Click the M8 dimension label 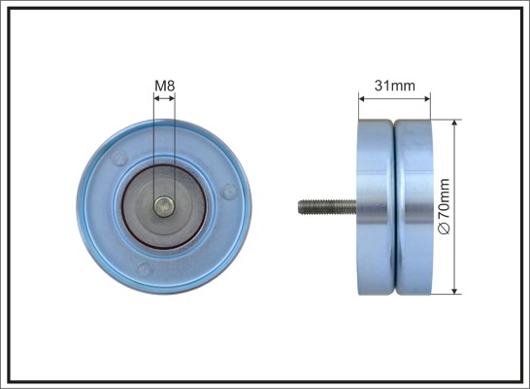[x=165, y=86]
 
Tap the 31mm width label [x=395, y=86]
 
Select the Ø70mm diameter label [x=445, y=206]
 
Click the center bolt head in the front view [x=164, y=206]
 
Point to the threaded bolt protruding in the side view [x=327, y=207]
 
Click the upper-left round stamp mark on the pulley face [x=119, y=158]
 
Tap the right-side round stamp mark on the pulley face [x=229, y=192]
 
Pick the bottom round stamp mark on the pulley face [x=145, y=269]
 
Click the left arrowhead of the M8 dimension [x=156, y=98]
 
